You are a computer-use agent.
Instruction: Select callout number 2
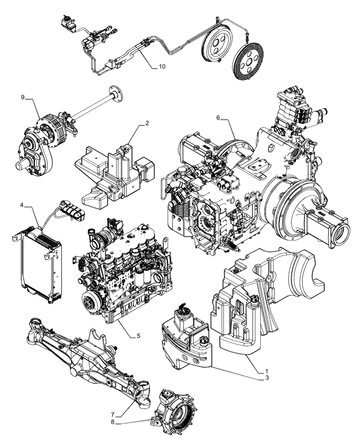point(147,124)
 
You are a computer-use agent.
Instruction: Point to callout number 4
point(22,205)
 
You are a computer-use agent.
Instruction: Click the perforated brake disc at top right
point(249,62)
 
